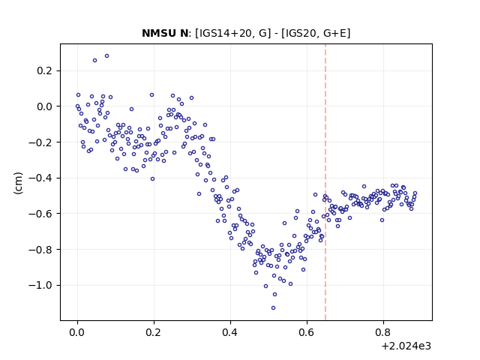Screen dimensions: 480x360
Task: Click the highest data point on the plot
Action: [x=106, y=56]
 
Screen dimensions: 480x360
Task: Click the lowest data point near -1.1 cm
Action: [x=273, y=308]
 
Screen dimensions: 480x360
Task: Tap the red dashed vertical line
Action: [x=325, y=182]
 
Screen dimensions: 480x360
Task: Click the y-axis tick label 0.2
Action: [x=45, y=70]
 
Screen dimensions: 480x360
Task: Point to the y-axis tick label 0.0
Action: [x=45, y=106]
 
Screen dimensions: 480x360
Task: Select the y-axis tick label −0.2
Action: [x=40, y=142]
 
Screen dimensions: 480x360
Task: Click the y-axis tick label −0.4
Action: [x=40, y=178]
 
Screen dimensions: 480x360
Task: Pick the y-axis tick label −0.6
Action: [x=40, y=214]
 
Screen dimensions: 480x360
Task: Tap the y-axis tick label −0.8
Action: [x=40, y=250]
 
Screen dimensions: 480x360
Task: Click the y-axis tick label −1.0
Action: [x=40, y=285]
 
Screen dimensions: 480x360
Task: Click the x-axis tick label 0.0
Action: [x=77, y=332]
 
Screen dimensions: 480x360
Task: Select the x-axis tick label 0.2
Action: [x=154, y=332]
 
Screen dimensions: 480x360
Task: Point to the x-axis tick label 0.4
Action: [x=230, y=332]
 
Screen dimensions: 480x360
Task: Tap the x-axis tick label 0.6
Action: [x=307, y=332]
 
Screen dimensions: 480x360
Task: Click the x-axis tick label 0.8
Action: [x=383, y=332]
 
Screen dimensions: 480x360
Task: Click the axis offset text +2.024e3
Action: [x=406, y=346]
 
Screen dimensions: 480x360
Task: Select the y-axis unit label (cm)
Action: [x=18, y=183]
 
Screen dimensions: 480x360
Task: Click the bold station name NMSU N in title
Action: [x=165, y=33]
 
